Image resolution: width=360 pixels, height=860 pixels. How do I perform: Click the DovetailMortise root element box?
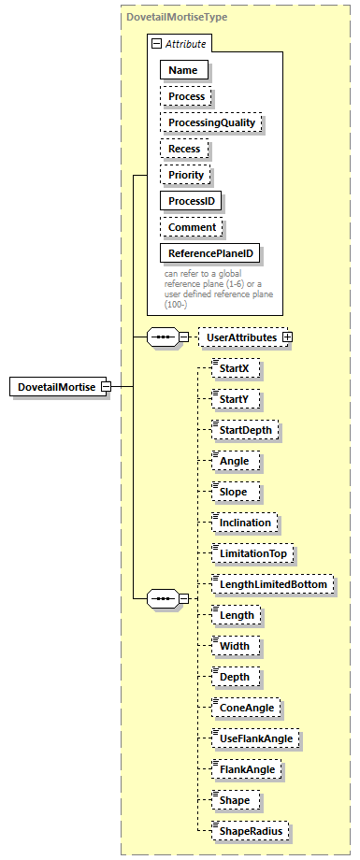click(55, 386)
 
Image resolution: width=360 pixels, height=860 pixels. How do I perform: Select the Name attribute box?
click(183, 70)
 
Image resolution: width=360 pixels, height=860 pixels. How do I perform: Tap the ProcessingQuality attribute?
click(210, 122)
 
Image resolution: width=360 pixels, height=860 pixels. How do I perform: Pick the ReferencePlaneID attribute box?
click(210, 253)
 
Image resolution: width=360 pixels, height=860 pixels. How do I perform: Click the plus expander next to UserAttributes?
click(287, 337)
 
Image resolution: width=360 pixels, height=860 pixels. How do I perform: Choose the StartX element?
click(233, 369)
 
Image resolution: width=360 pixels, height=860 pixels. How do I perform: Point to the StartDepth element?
click(245, 430)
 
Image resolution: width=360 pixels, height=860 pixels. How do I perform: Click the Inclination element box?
click(244, 522)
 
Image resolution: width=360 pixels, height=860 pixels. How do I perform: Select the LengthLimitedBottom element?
click(271, 583)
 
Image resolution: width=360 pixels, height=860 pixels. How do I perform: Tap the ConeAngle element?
click(245, 708)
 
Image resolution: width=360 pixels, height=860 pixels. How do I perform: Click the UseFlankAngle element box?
click(255, 738)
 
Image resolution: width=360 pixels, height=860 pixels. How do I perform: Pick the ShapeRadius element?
click(248, 830)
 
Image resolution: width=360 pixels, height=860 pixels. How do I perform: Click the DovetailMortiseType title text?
click(176, 17)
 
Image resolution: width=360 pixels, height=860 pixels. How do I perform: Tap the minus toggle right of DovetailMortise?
click(106, 386)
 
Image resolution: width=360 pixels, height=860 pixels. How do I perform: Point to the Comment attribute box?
click(191, 227)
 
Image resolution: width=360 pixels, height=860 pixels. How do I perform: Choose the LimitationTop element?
click(252, 553)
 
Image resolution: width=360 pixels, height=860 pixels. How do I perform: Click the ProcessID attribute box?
click(194, 201)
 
